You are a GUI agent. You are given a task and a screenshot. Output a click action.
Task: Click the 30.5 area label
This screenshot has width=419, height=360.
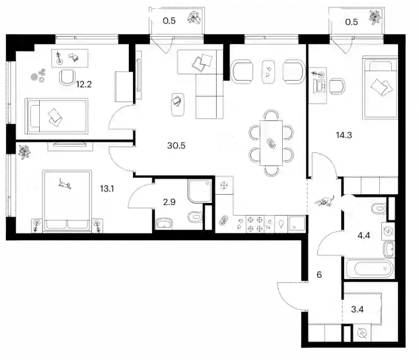pos(176,145)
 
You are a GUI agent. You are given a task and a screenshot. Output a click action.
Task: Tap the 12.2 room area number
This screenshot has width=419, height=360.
pos(84,84)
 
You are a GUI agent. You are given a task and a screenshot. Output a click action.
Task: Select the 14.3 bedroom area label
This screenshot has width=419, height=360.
pos(344,135)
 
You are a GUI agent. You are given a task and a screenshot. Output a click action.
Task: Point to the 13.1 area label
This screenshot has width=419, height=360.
pos(107,189)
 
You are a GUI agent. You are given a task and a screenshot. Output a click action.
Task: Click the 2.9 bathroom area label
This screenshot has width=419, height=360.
pos(169,202)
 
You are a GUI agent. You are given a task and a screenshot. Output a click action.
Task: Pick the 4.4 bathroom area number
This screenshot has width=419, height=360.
pos(363,235)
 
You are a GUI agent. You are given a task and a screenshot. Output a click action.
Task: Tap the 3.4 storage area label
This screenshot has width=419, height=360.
pos(357,310)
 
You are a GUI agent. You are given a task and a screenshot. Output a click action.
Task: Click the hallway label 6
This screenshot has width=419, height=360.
pos(319,275)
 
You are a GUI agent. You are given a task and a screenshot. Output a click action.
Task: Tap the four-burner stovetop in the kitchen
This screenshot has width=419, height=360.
pos(255,224)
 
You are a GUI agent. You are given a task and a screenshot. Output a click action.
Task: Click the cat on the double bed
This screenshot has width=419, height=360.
pos(65,184)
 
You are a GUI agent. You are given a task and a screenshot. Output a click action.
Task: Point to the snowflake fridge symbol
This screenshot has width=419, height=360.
pos(224,185)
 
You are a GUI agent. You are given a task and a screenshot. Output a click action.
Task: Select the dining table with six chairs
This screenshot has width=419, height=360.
pos(271,143)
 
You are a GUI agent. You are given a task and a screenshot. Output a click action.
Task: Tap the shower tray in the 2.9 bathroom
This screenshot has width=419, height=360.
pos(200,191)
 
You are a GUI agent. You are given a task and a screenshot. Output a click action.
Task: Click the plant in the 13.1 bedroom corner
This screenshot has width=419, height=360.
pos(24,152)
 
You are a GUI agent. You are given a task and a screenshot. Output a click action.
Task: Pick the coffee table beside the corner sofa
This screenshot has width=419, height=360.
pos(178,105)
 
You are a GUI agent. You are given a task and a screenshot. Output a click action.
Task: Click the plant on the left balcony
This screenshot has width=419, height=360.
pos(194,18)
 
